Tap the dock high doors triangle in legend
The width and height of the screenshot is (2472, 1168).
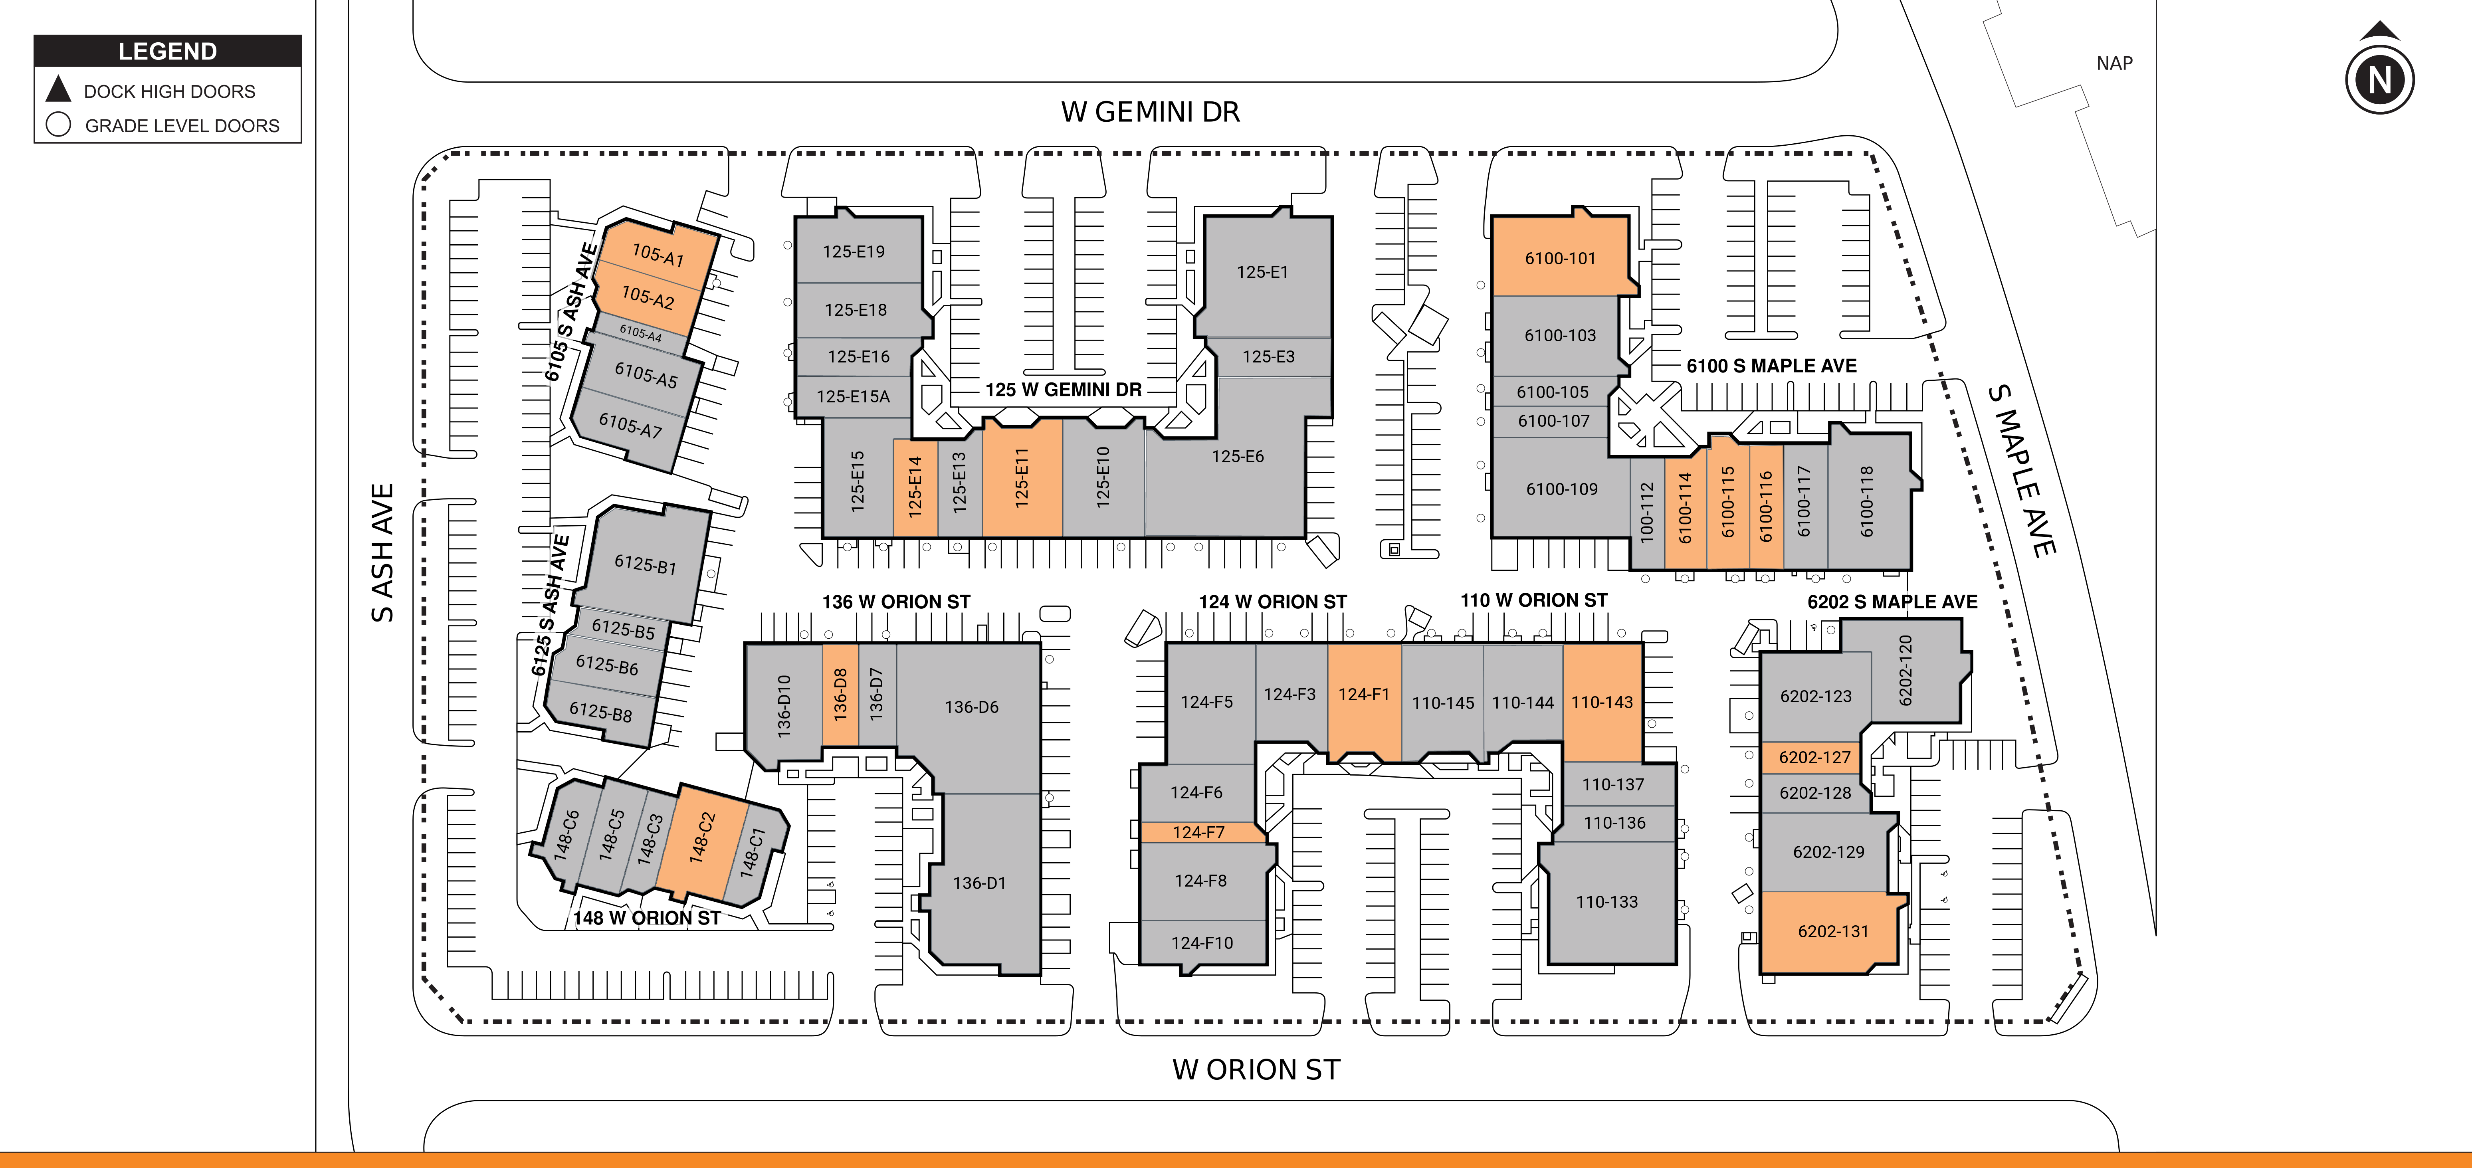pyautogui.click(x=59, y=89)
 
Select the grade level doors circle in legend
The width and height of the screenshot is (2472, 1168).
pyautogui.click(x=59, y=125)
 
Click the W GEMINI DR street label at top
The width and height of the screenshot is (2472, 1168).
pyautogui.click(x=1151, y=112)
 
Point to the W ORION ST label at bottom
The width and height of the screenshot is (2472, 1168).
pyautogui.click(x=1256, y=1069)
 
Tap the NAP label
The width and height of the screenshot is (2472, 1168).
pyautogui.click(x=2114, y=63)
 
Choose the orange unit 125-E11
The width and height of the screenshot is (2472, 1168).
pyautogui.click(x=1022, y=477)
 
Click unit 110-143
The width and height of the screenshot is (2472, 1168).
pyautogui.click(x=1602, y=703)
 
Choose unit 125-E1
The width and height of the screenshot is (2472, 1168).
pyautogui.click(x=1263, y=273)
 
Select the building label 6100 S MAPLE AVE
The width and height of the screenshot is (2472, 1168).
pyautogui.click(x=1771, y=366)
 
